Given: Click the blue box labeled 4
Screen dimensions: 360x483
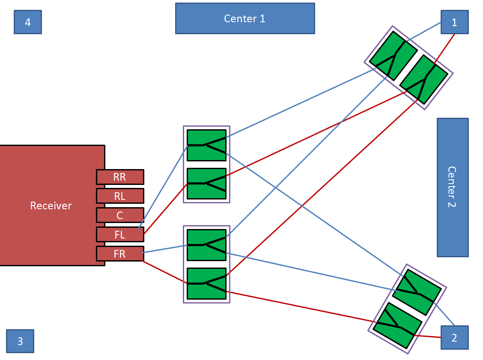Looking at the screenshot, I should (x=28, y=22).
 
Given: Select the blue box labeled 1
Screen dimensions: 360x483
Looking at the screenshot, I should (x=454, y=22).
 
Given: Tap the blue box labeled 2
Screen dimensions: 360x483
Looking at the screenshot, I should (x=454, y=338).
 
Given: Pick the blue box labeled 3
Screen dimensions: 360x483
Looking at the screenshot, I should (x=20, y=341).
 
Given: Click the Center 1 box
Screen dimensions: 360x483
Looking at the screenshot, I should (x=245, y=18).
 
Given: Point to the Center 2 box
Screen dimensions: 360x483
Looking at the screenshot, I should (x=453, y=187).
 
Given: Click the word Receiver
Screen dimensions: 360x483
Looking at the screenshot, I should (x=51, y=205).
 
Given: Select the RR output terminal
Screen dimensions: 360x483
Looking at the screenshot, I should (x=120, y=177).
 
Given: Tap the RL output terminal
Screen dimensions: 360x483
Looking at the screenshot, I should (x=120, y=196).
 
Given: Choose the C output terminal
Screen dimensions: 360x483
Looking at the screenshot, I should (x=120, y=215).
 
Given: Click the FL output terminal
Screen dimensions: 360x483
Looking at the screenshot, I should (x=120, y=234).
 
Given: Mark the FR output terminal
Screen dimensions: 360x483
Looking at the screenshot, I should (x=120, y=253).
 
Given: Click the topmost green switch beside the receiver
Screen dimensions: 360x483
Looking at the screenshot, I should (x=206, y=145).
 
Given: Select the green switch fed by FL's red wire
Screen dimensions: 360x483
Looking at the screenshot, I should (x=206, y=184).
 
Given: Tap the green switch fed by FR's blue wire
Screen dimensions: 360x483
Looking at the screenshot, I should (x=206, y=245).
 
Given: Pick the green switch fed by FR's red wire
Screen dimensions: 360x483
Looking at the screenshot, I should (x=206, y=283).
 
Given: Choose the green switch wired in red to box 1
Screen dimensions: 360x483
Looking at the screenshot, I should (x=424, y=79).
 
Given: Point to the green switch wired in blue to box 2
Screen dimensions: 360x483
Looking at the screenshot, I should (x=417, y=292).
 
